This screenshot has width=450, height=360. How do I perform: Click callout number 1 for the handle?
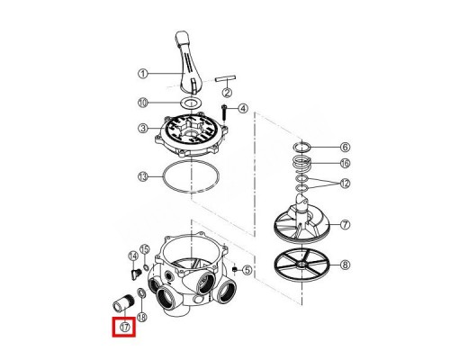click(143, 74)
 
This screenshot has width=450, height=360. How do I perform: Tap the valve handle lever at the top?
click(186, 61)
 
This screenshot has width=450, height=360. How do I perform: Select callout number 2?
click(228, 93)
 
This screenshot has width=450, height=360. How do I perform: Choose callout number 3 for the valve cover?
click(143, 129)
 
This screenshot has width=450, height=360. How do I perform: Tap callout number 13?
click(143, 176)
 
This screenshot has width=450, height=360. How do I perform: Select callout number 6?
click(345, 147)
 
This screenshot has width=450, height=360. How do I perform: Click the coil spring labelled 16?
click(302, 164)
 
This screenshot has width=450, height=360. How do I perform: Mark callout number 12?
click(345, 184)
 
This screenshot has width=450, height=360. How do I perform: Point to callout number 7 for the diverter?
click(345, 224)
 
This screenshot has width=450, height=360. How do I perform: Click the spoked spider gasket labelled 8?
click(301, 265)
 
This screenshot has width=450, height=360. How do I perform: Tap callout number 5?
click(247, 270)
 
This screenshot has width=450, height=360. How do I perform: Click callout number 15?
click(145, 249)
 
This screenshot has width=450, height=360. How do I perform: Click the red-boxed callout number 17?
click(125, 327)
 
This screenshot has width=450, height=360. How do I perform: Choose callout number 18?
click(142, 317)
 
